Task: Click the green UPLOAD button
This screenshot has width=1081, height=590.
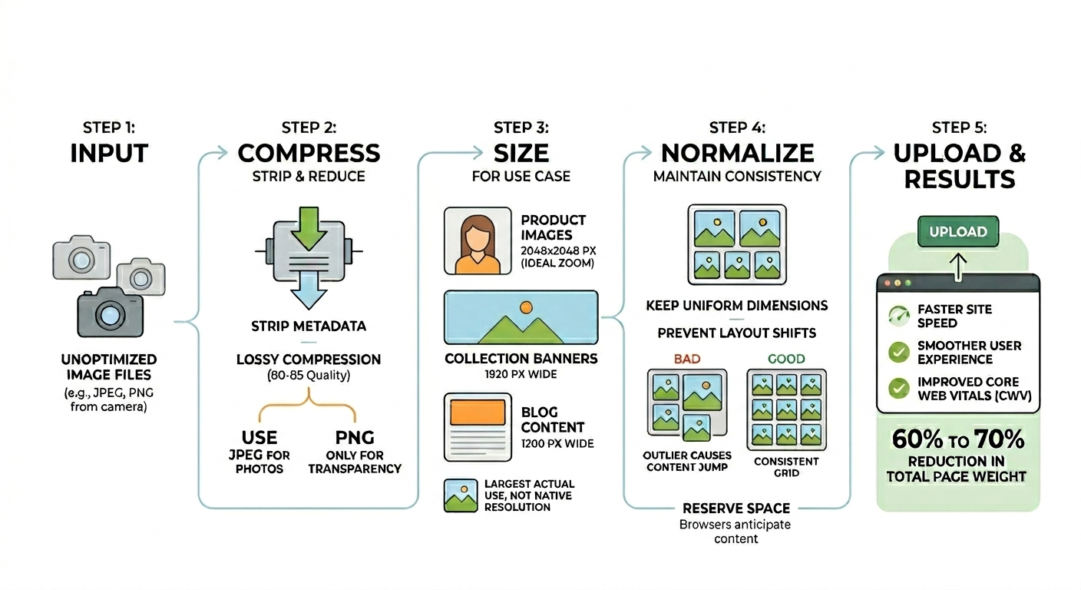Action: click(957, 231)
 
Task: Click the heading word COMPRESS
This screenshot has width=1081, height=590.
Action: click(309, 153)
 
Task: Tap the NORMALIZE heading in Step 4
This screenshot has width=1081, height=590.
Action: click(737, 153)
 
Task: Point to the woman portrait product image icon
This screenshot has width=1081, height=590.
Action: click(477, 240)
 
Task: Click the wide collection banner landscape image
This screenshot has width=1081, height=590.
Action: click(521, 317)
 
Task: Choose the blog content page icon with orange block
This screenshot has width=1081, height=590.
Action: click(477, 427)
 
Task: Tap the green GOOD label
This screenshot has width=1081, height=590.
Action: click(786, 359)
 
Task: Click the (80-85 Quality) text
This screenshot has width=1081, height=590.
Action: click(308, 376)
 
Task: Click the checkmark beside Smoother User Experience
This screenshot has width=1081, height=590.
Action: click(898, 352)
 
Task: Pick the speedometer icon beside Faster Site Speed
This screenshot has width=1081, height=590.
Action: click(898, 316)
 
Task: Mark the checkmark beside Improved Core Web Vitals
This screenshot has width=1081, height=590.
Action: click(898, 389)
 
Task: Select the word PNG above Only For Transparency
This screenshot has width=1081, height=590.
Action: click(355, 437)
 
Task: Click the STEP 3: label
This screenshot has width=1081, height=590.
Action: click(521, 128)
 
